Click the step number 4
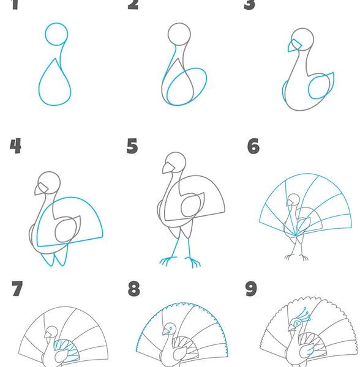[15, 146]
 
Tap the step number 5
[132, 146]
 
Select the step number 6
[253, 146]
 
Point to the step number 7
[17, 289]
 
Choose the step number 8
[133, 289]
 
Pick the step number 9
[251, 289]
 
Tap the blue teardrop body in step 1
[55, 105]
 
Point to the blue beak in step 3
[294, 46]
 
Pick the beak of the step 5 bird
[168, 168]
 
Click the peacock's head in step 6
[293, 199]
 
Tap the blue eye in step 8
[171, 328]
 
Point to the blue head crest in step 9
[304, 314]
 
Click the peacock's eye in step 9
[297, 324]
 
